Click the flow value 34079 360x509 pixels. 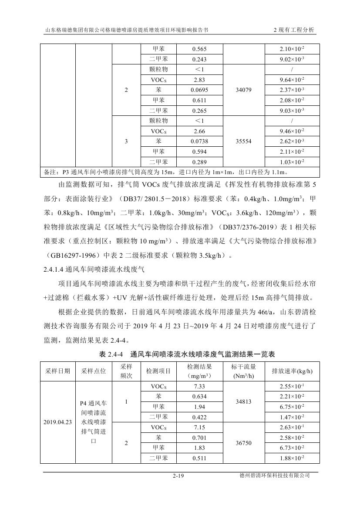pos(243,90)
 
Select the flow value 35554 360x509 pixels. pos(243,142)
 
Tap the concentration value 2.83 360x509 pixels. pos(199,80)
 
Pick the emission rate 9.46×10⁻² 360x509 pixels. pos(292,131)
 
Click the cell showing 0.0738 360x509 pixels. pos(199,142)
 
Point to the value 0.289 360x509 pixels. pos(199,162)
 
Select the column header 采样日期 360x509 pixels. pos(57,371)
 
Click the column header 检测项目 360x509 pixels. pos(159,371)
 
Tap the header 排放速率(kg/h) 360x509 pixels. pos(292,371)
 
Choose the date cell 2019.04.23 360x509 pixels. pos(57,422)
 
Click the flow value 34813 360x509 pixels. pos(243,402)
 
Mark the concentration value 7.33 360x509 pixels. pos(199,386)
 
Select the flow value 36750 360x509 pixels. pos(243,443)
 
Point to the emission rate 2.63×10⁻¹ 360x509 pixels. pos(292,428)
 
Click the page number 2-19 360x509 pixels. pos(179,476)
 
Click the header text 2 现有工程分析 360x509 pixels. pos(293,30)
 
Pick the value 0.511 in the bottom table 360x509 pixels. pos(199,458)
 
